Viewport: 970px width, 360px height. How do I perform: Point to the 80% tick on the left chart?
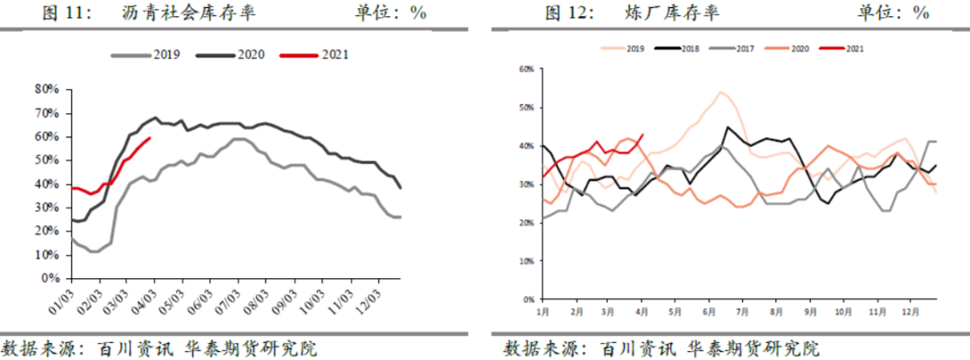pos(46,89)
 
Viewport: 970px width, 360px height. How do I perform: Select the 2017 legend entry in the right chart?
pos(744,48)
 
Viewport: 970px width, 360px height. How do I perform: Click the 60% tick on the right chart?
pos(526,68)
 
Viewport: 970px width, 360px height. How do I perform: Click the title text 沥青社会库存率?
pos(173,13)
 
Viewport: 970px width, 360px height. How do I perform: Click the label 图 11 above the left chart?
pos(67,13)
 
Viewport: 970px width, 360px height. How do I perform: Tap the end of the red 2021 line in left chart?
pos(149,138)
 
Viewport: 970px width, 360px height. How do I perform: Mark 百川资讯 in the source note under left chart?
pos(119,347)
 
